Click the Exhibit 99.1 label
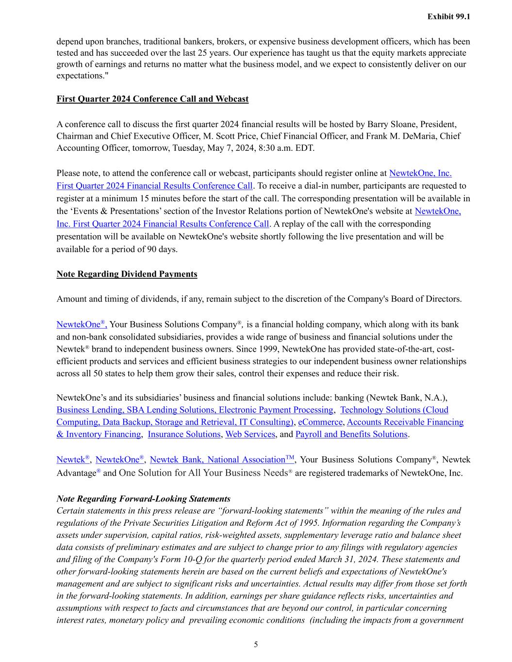coord(448,16)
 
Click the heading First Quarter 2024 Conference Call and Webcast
coord(152,99)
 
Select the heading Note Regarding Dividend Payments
coord(127,274)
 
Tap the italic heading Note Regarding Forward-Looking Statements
coord(143,499)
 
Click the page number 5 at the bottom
coord(256,645)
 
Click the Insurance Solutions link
coord(184,434)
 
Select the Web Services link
coord(250,434)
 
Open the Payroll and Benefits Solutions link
coord(351,434)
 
